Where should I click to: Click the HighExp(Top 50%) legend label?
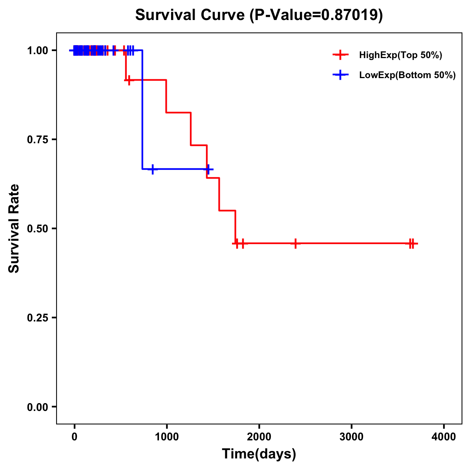tap(401, 55)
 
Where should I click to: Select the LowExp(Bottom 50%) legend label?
tap(407, 75)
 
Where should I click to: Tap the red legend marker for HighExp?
tap(340, 55)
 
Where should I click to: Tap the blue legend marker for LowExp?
tap(340, 75)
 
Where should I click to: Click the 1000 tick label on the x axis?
tap(166, 437)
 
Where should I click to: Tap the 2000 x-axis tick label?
tap(259, 437)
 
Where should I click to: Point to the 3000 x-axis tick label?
tap(351, 437)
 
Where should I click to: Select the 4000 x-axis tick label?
tap(444, 437)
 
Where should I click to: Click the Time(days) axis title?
tap(259, 454)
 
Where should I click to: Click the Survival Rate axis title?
tap(14, 228)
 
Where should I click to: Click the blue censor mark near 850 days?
tap(153, 169)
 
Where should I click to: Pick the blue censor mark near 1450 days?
tap(208, 169)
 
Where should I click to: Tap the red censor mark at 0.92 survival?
tap(129, 80)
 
